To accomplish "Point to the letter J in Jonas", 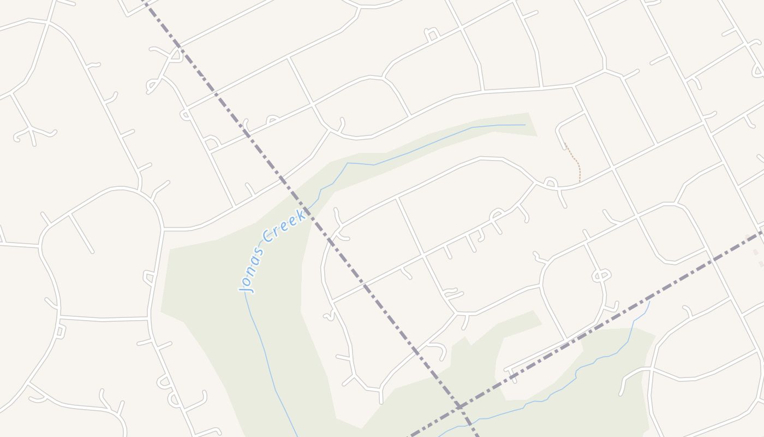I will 245,286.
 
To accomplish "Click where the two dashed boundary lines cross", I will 459,406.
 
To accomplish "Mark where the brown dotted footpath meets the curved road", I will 580,181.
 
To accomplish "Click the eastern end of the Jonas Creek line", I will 525,125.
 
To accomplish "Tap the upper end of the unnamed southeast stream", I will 649,302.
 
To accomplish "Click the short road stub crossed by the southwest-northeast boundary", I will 512,375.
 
